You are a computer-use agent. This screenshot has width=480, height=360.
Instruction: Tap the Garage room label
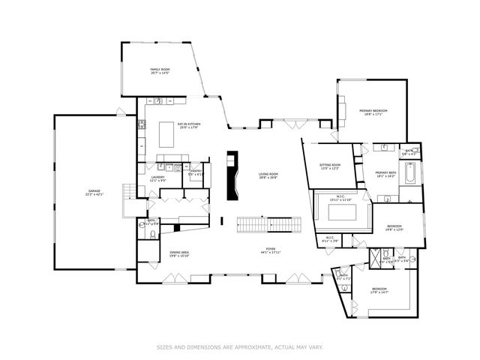click(x=94, y=193)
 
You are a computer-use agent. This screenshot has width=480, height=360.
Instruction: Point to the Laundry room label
click(x=157, y=178)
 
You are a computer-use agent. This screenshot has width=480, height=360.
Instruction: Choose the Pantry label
click(x=196, y=172)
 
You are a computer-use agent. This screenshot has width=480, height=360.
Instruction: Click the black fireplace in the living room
click(x=233, y=177)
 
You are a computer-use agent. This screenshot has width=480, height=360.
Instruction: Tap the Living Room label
click(x=268, y=176)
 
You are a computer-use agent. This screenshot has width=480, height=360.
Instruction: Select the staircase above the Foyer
click(x=268, y=224)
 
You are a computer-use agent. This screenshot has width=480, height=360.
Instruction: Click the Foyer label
click(x=269, y=250)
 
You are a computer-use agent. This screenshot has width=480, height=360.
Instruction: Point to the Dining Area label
click(x=178, y=254)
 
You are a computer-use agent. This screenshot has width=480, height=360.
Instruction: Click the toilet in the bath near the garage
click(x=153, y=235)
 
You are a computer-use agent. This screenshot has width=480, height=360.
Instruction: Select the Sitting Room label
click(x=330, y=166)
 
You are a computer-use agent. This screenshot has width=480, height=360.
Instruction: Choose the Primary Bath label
click(x=385, y=174)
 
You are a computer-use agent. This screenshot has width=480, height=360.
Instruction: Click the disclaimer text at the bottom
click(x=239, y=347)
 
